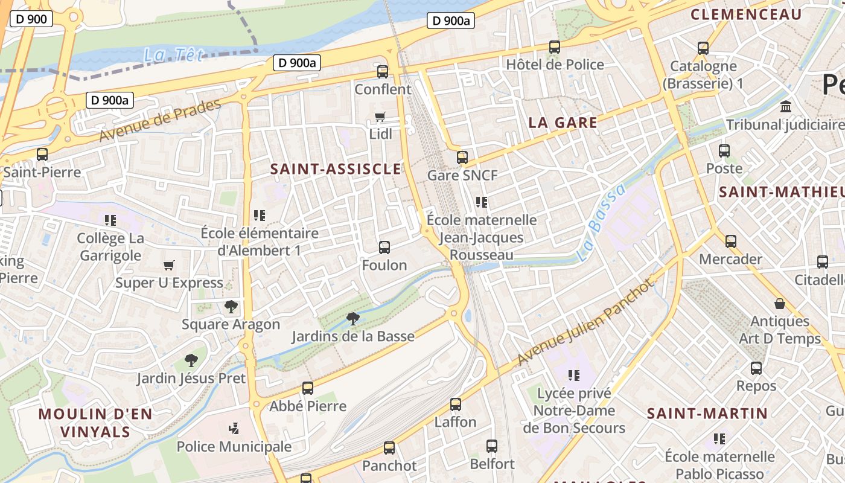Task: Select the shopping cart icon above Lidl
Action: click(x=380, y=117)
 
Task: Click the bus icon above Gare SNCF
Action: click(x=462, y=158)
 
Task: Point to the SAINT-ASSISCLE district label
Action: click(x=336, y=169)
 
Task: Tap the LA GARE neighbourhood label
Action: click(x=563, y=123)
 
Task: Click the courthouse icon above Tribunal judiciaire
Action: click(x=786, y=107)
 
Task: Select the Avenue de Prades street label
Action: click(x=160, y=121)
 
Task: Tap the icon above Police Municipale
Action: click(x=234, y=429)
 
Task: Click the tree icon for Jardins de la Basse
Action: click(x=353, y=318)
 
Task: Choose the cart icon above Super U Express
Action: click(x=169, y=265)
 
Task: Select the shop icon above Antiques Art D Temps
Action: click(x=780, y=303)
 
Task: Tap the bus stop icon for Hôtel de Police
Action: click(x=554, y=46)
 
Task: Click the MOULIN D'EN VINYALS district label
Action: click(x=95, y=423)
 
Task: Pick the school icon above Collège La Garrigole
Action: click(x=110, y=220)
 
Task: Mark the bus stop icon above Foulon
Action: click(x=384, y=247)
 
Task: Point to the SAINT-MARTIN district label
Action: click(x=707, y=414)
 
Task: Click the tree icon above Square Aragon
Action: click(x=231, y=306)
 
